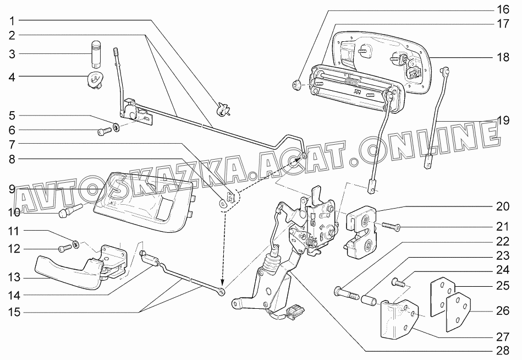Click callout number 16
pyautogui.click(x=503, y=9)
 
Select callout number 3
pyautogui.click(x=12, y=54)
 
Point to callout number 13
pyautogui.click(x=14, y=277)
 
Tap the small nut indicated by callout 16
pyautogui.click(x=296, y=85)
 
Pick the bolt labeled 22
pyautogui.click(x=346, y=294)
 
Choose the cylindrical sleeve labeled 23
pyautogui.click(x=369, y=298)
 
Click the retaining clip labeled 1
pyautogui.click(x=223, y=110)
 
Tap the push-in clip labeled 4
pyautogui.click(x=94, y=80)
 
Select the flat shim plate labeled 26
pyautogui.click(x=458, y=312)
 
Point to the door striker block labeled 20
pyautogui.click(x=362, y=232)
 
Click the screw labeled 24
pyautogui.click(x=399, y=282)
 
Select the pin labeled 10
pyautogui.click(x=71, y=210)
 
